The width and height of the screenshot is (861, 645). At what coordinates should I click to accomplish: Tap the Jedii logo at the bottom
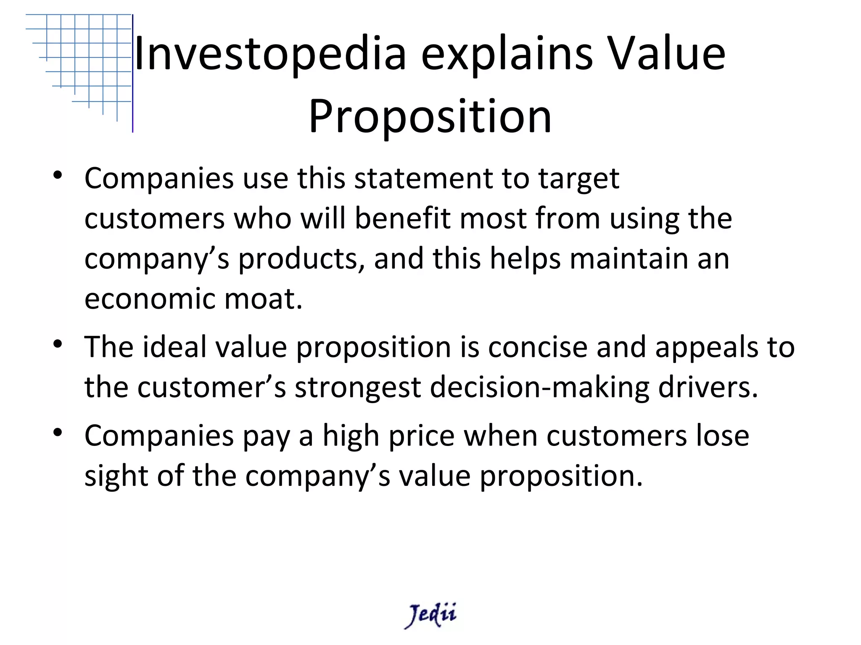pyautogui.click(x=430, y=615)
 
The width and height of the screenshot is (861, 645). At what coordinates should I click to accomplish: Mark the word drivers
pyautogui.click(x=708, y=388)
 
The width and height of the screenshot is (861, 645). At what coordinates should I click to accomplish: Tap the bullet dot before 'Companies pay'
pyautogui.click(x=58, y=433)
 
